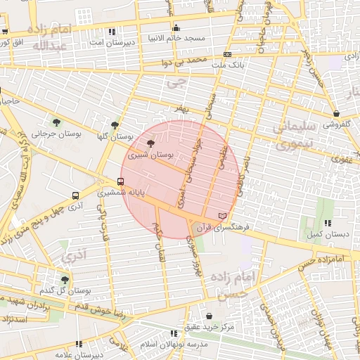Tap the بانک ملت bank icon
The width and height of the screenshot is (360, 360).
click(x=227, y=54)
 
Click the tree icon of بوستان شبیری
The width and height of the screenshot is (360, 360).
click(x=150, y=143)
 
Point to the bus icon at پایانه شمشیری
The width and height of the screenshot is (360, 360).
click(x=120, y=181)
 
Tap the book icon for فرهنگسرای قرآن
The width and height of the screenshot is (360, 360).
click(x=223, y=214)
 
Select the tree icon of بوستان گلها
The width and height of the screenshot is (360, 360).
click(x=115, y=125)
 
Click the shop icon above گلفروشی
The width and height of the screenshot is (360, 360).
click(x=336, y=113)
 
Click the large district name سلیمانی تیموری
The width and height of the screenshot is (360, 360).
click(x=289, y=136)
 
